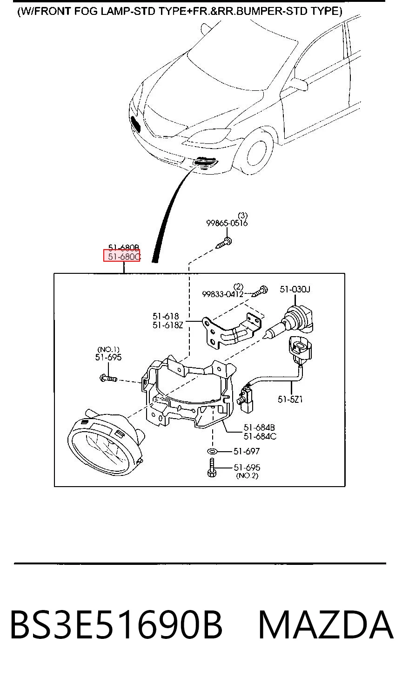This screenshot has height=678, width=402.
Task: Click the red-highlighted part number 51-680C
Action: click(124, 257)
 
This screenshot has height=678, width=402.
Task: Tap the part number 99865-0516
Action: click(227, 223)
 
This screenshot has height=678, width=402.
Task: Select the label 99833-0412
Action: click(222, 294)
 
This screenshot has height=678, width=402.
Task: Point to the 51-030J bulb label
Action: click(295, 289)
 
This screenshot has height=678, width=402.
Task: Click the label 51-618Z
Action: click(168, 325)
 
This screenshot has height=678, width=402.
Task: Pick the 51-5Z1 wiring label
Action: click(290, 400)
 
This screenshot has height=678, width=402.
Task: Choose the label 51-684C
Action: click(260, 436)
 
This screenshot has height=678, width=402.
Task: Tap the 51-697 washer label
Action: click(247, 451)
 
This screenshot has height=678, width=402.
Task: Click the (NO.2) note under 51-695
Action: click(247, 475)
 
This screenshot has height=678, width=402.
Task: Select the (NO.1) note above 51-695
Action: click(108, 350)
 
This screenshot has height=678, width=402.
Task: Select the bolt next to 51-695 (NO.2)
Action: click(212, 468)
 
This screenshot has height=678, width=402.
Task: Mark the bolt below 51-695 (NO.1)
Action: click(108, 378)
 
